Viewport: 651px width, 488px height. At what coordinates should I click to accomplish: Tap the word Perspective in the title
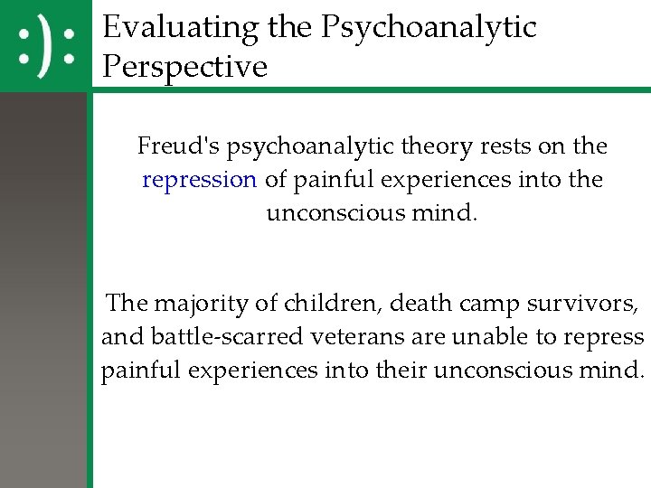pyautogui.click(x=185, y=67)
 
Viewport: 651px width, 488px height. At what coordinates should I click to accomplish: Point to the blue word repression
pyautogui.click(x=199, y=179)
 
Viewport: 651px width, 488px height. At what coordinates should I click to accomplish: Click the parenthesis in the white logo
pyautogui.click(x=45, y=46)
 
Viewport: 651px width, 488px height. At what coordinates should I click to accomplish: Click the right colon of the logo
pyautogui.click(x=68, y=46)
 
